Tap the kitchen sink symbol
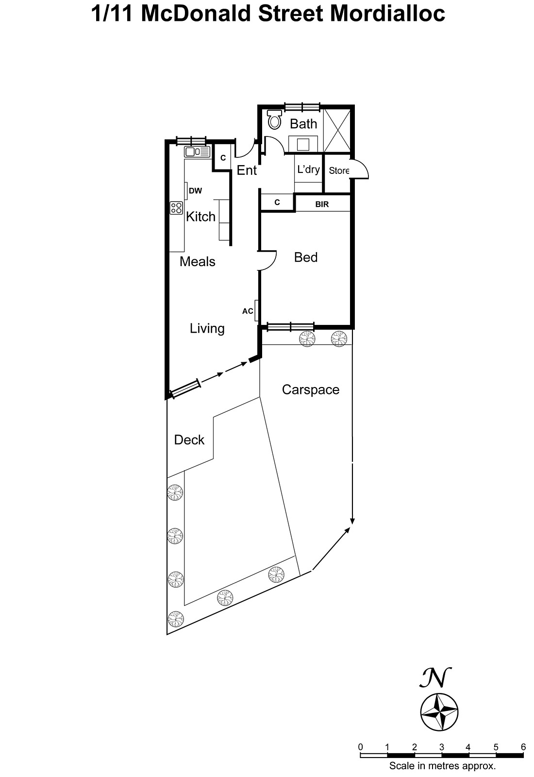(197, 152)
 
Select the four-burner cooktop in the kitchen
(176, 208)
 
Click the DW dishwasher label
(196, 190)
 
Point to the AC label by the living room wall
(248, 311)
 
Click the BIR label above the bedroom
(322, 204)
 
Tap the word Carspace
(310, 390)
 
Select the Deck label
(189, 440)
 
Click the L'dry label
(308, 169)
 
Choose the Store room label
(339, 170)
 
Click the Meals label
(197, 262)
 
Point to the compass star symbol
(439, 712)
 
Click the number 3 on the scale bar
(441, 747)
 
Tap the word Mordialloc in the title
(387, 14)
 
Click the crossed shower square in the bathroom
(337, 131)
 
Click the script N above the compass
(435, 677)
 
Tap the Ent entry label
(247, 170)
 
